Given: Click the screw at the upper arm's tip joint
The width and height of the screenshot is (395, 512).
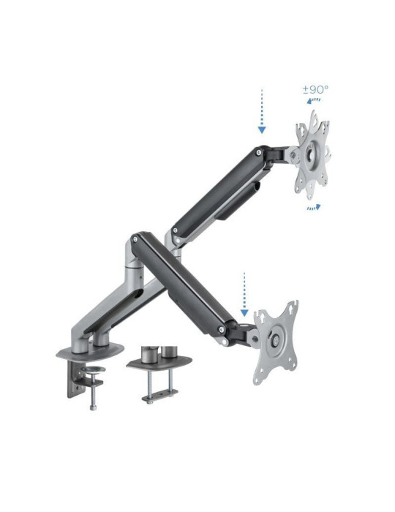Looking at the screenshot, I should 258,153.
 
